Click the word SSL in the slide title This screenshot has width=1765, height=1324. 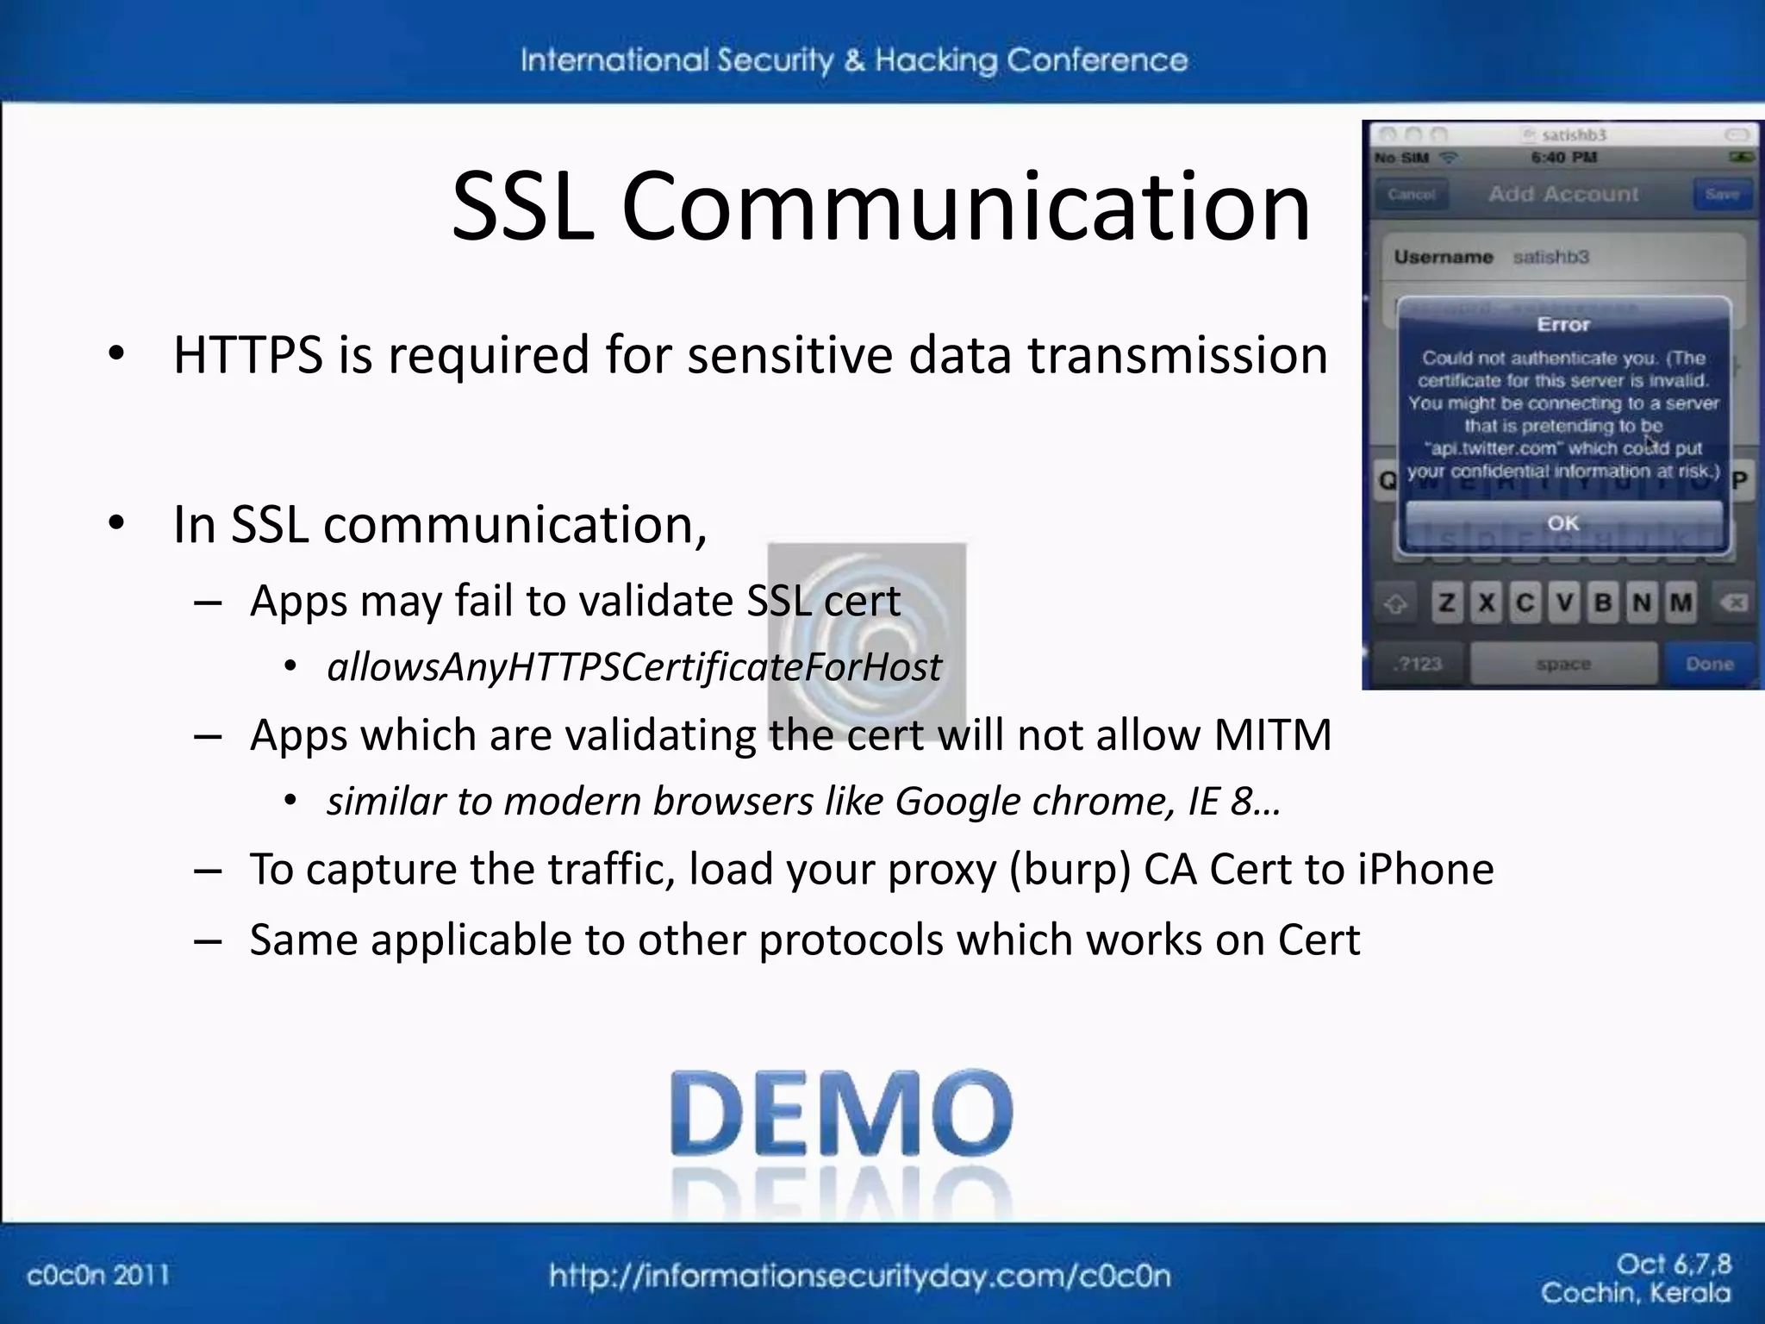[x=523, y=207]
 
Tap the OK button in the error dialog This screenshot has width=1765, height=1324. [x=1562, y=522]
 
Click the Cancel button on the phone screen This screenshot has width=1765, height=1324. [x=1411, y=194]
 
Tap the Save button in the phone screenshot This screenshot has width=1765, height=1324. [x=1722, y=194]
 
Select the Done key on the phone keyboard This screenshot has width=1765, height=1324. [x=1710, y=664]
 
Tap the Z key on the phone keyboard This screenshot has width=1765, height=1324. [x=1447, y=603]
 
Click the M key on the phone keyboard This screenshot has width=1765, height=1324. [x=1681, y=603]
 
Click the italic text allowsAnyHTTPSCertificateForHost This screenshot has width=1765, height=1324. [x=634, y=667]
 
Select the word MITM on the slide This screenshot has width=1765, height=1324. [x=1272, y=735]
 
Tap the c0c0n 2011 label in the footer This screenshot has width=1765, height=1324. [x=98, y=1275]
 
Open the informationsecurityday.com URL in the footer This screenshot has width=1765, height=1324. [x=859, y=1276]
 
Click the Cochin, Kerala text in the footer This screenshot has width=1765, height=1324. [x=1635, y=1293]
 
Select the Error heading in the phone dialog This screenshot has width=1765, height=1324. [x=1562, y=324]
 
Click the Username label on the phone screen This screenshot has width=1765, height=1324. [x=1444, y=257]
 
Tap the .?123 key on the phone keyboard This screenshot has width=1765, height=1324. [x=1418, y=664]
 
